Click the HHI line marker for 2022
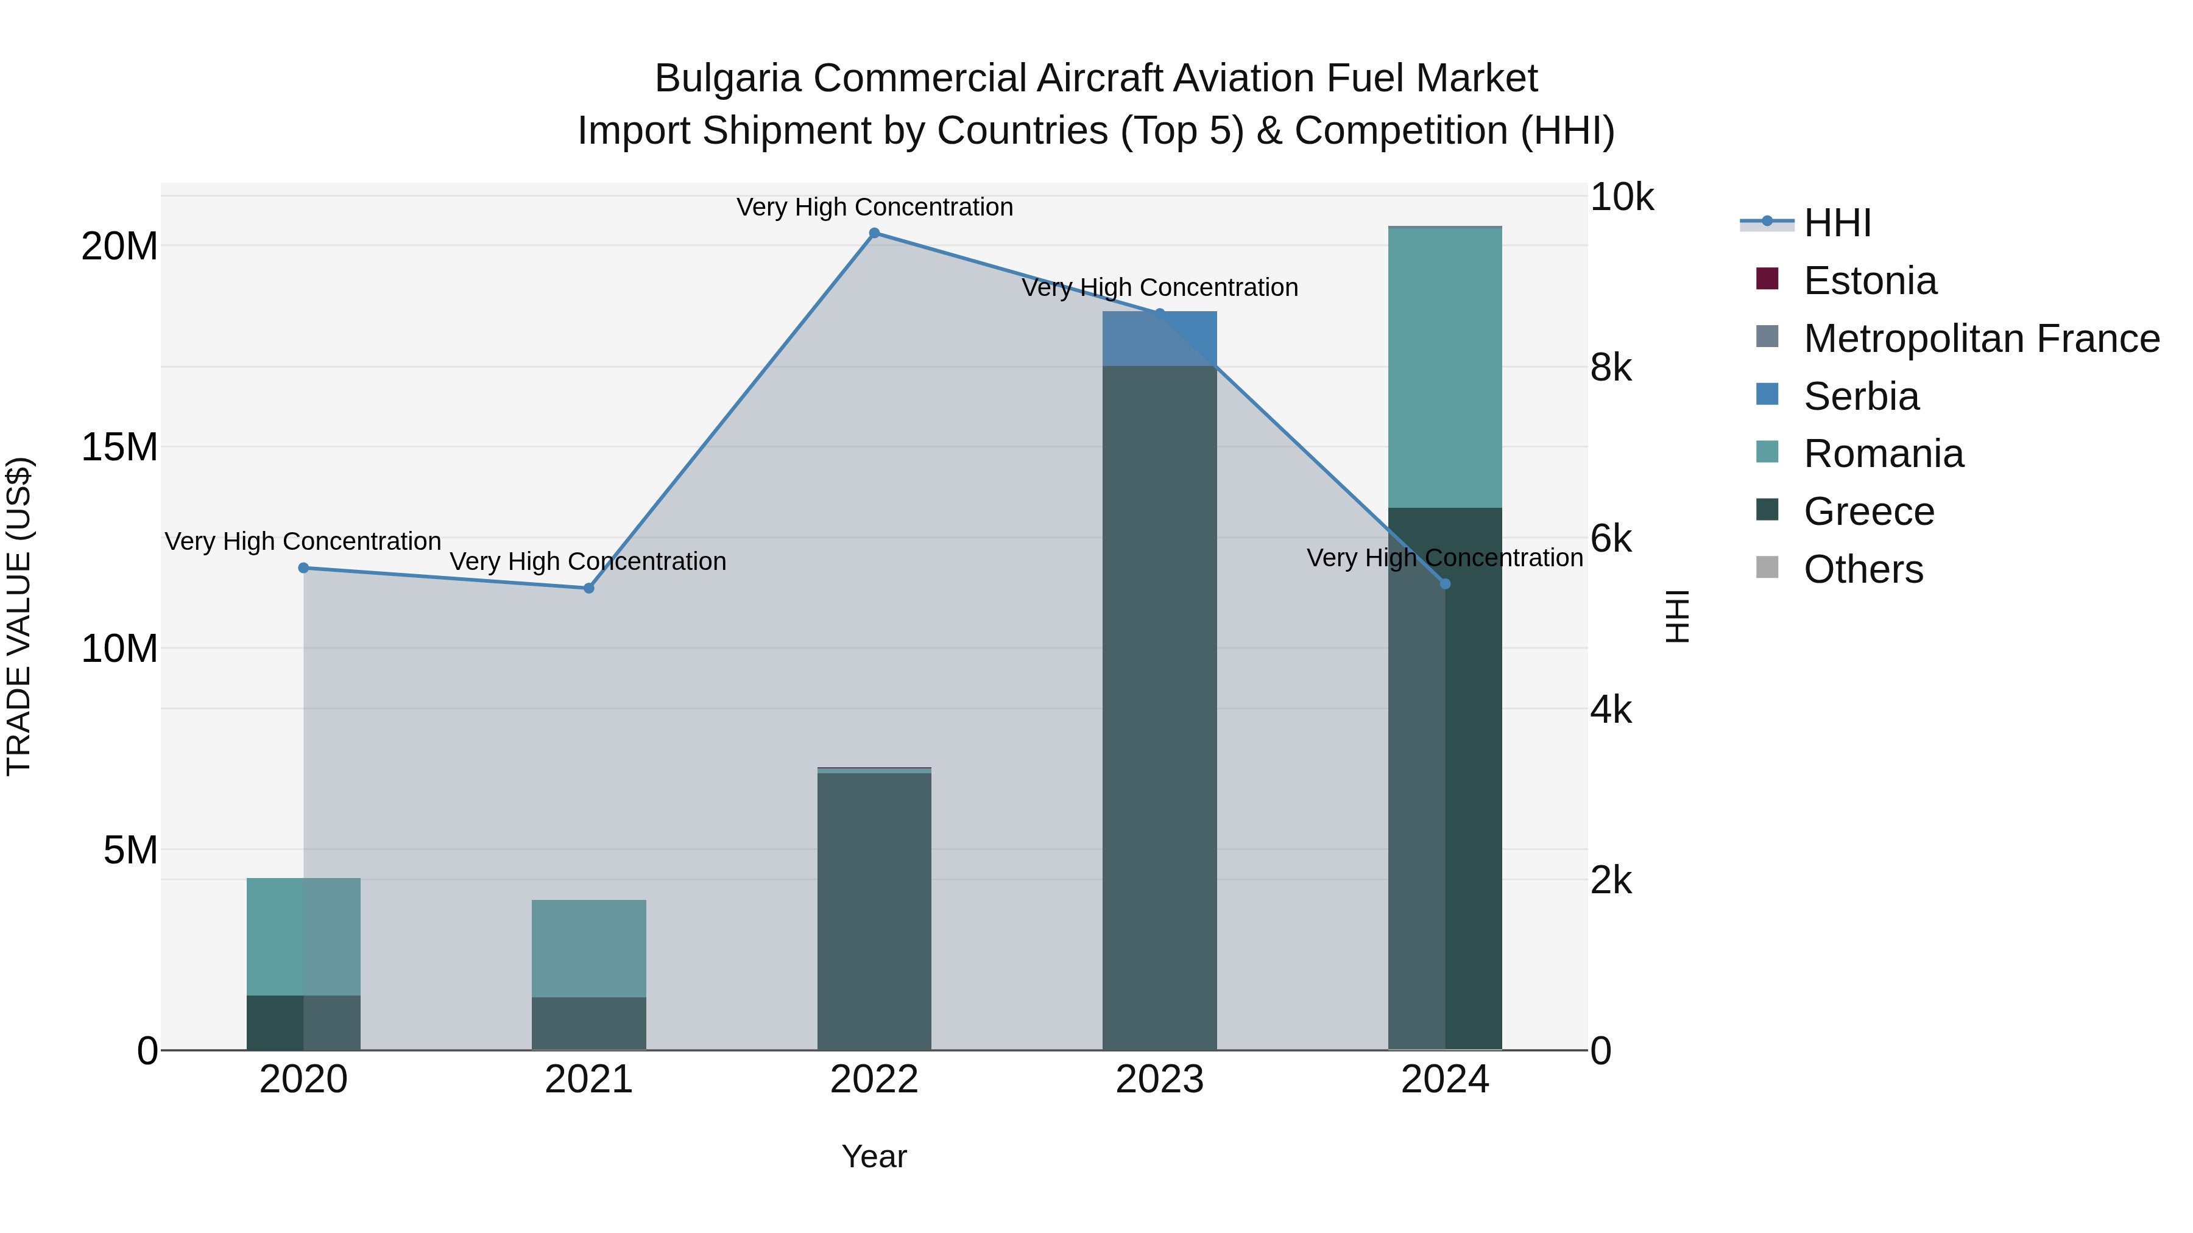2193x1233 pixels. pos(874,233)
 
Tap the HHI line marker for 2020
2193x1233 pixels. pos(304,567)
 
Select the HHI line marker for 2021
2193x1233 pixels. pos(589,588)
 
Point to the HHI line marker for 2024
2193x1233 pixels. pos(1445,584)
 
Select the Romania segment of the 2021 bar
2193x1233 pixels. pos(589,948)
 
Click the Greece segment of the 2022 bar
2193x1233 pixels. pos(874,910)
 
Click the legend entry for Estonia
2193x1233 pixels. pos(1870,281)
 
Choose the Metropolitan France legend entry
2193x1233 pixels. pos(1981,339)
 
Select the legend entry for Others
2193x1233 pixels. pos(1863,569)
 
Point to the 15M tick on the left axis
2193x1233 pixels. pos(119,448)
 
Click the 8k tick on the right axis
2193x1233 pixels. pos(1611,368)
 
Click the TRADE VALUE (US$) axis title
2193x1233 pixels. pos(19,616)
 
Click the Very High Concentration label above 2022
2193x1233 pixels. pos(874,207)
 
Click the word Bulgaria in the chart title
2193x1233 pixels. pos(728,79)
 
